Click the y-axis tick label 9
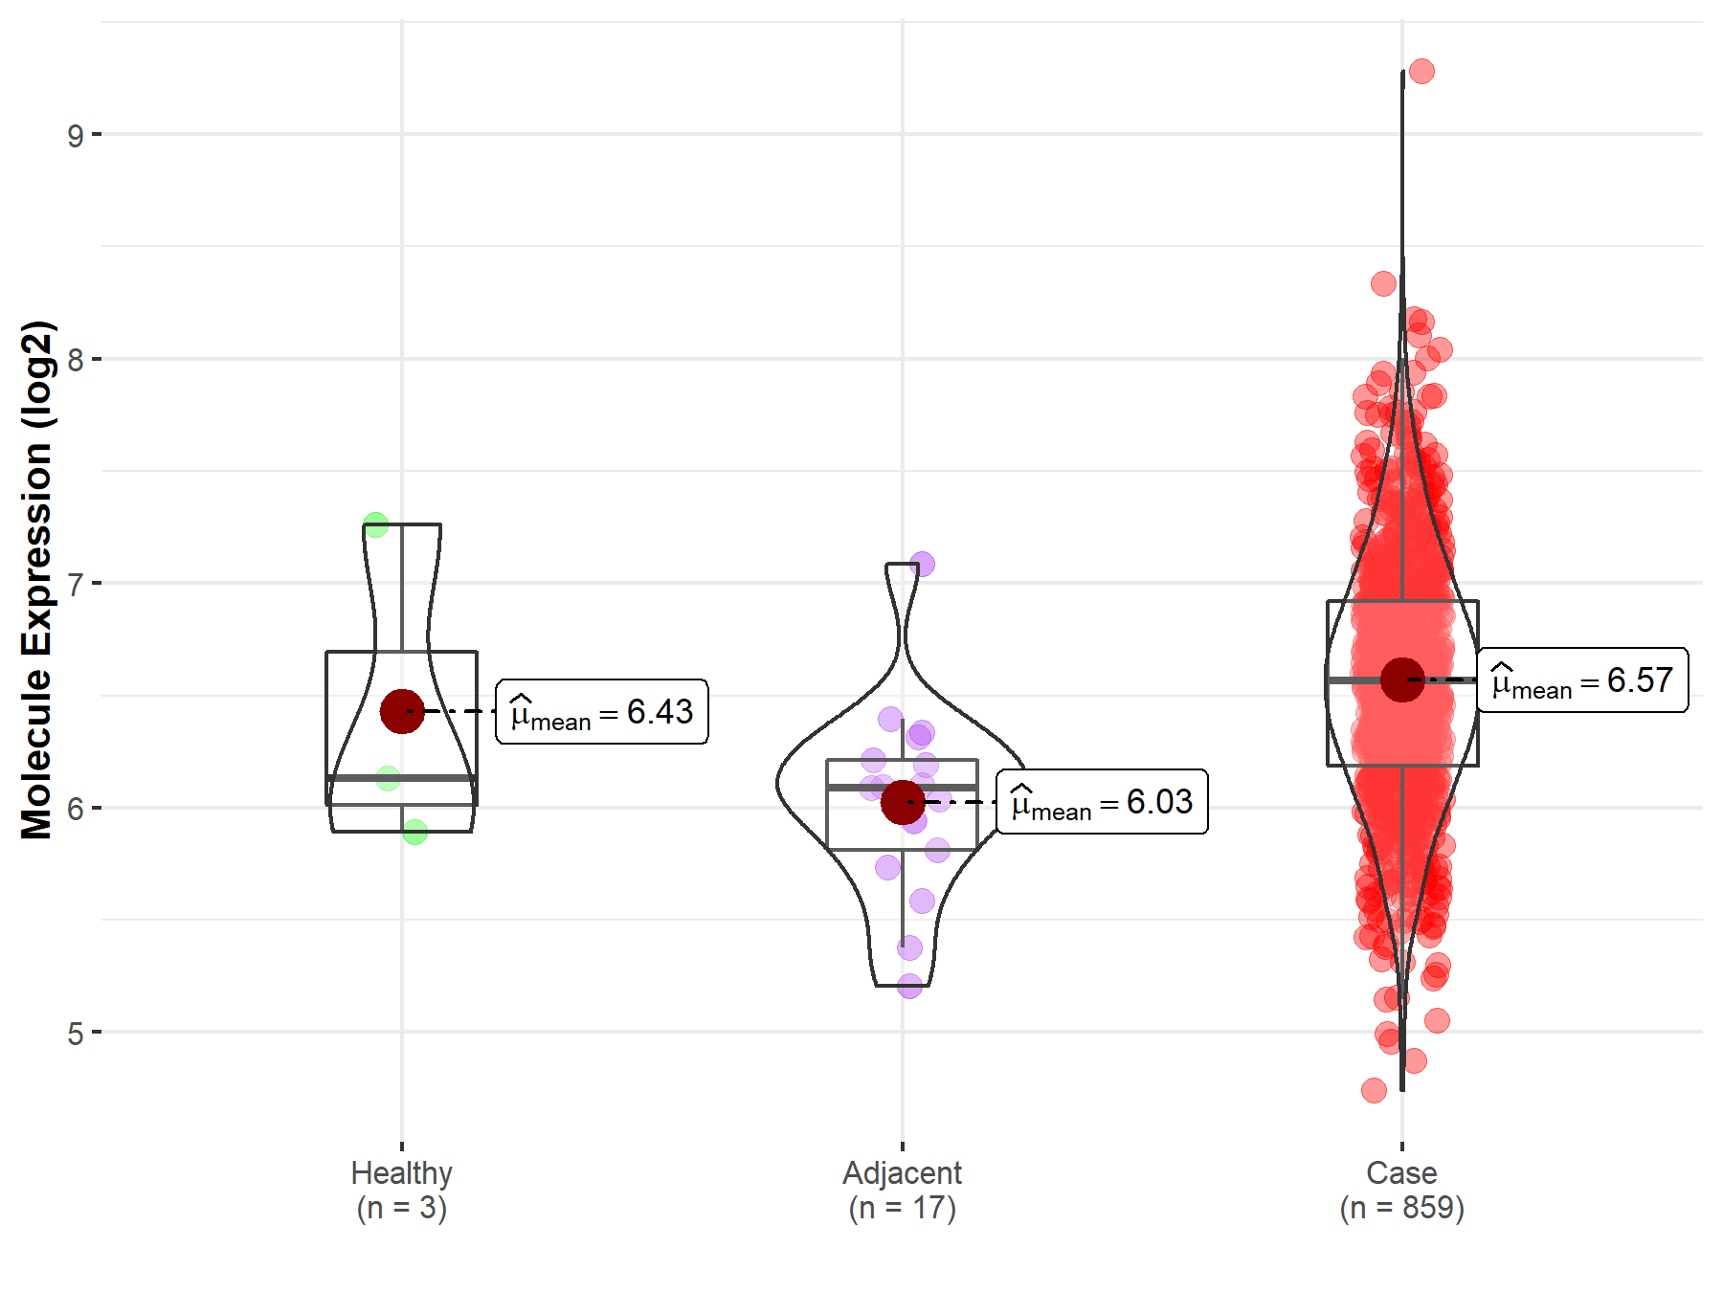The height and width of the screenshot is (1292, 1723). click(75, 135)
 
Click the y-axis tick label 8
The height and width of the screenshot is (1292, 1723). click(75, 360)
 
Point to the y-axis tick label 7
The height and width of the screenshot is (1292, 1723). click(75, 584)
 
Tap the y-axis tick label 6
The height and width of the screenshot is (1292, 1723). click(75, 809)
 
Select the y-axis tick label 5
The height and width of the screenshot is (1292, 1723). click(75, 1034)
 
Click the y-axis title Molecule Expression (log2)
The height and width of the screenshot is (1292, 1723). click(36, 580)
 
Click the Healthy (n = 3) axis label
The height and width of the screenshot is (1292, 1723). click(401, 1190)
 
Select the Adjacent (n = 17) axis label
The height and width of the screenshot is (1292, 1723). click(902, 1190)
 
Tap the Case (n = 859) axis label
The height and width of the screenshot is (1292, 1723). click(1401, 1190)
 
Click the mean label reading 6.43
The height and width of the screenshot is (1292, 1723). click(601, 712)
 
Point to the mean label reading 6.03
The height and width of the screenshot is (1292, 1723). click(1102, 802)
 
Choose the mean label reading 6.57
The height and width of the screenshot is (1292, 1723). click(1582, 680)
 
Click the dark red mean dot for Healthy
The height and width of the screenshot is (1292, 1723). click(402, 711)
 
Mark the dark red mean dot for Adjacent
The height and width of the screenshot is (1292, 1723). click(903, 802)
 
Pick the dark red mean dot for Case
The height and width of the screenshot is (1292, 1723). click(1402, 679)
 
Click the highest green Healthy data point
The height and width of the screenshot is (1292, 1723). click(375, 524)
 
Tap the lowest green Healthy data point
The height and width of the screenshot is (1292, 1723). click(414, 832)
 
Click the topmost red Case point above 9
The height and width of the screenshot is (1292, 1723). click(1421, 71)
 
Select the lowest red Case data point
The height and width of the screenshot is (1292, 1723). click(1374, 1090)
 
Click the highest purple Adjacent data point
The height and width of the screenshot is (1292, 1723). click(922, 564)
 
